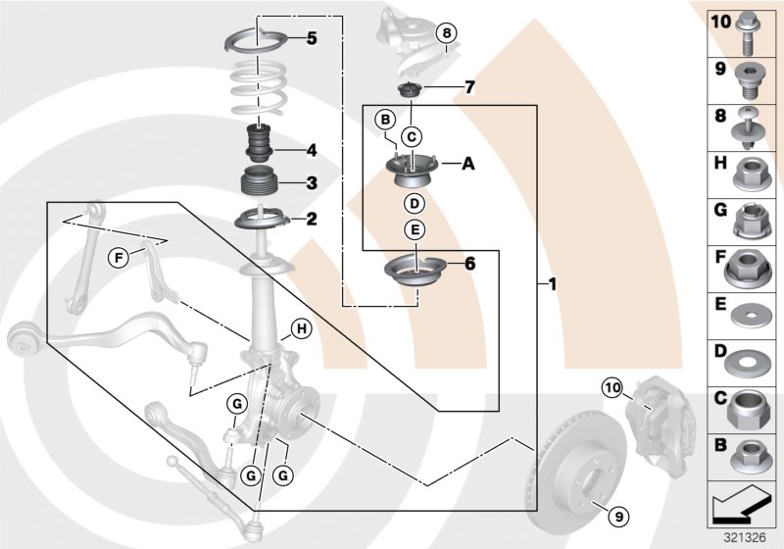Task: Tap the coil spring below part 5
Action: click(x=257, y=90)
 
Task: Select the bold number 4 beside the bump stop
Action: click(x=311, y=150)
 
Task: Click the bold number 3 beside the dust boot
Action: click(x=311, y=182)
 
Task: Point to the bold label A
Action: click(x=467, y=165)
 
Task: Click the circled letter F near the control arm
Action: click(x=118, y=258)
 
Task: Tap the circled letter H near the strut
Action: click(x=300, y=328)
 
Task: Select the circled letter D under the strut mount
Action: click(x=414, y=204)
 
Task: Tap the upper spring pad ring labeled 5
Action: click(x=257, y=41)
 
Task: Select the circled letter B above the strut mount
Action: click(x=385, y=119)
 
